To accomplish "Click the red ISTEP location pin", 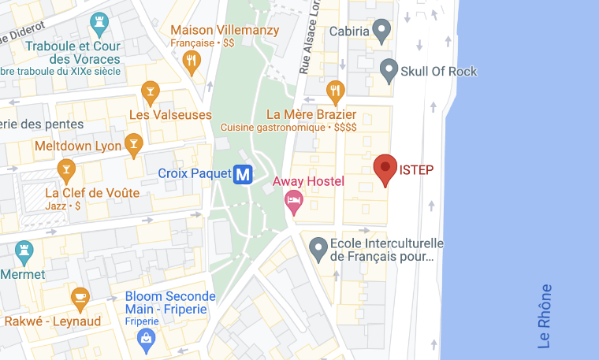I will pyautogui.click(x=385, y=168).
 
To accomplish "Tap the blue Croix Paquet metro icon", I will pyautogui.click(x=244, y=173).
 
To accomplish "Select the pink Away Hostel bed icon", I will pyautogui.click(x=293, y=201).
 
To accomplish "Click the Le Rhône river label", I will pyautogui.click(x=544, y=316).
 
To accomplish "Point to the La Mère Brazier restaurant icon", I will pyautogui.click(x=337, y=91).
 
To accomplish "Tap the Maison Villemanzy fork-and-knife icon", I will pyautogui.click(x=191, y=61).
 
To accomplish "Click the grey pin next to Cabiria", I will pyautogui.click(x=382, y=31).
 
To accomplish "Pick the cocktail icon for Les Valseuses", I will pyautogui.click(x=149, y=94).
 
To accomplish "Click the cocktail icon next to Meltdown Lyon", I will pyautogui.click(x=135, y=144).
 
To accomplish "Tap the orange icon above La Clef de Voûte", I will pyautogui.click(x=65, y=169).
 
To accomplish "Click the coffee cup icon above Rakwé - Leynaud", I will pyautogui.click(x=80, y=297).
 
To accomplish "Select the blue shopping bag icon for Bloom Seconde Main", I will pyautogui.click(x=145, y=338).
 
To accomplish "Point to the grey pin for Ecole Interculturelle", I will pyautogui.click(x=318, y=248).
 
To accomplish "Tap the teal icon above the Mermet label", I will pyautogui.click(x=24, y=252).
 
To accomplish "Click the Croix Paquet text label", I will pyautogui.click(x=193, y=173).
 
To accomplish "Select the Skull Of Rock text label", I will pyautogui.click(x=439, y=72).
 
